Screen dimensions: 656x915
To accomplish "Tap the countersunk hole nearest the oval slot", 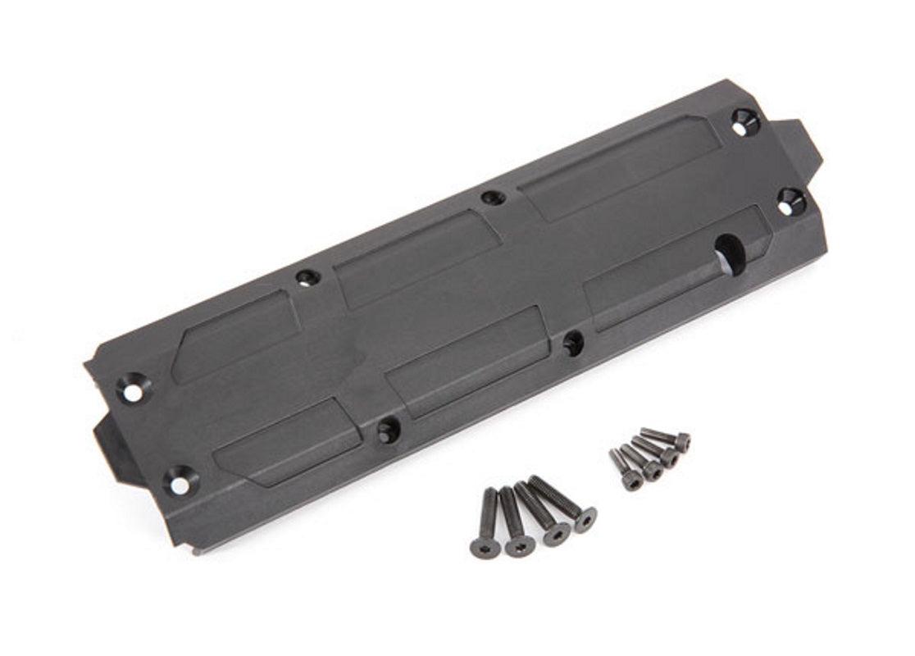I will pyautogui.click(x=790, y=202).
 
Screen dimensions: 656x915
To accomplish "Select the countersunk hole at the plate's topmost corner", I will pyautogui.click(x=744, y=122).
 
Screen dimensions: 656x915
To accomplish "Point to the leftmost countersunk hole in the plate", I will pyautogui.click(x=134, y=387).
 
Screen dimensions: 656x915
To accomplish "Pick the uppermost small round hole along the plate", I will pyautogui.click(x=493, y=197).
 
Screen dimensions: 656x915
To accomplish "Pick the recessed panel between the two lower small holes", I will pyautogui.click(x=467, y=360).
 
